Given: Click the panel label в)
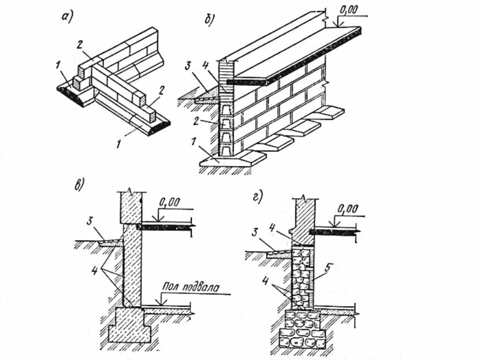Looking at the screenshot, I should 79,184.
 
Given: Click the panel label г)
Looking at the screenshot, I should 257,196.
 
